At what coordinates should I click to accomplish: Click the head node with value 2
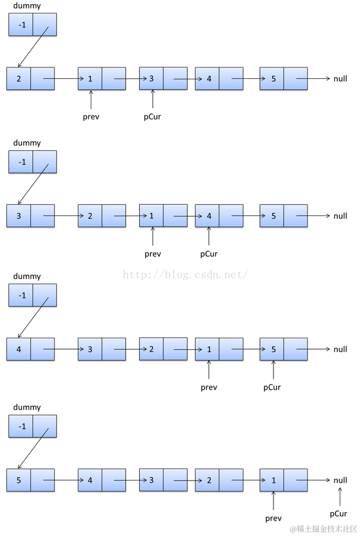(30, 79)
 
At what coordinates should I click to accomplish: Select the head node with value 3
(30, 215)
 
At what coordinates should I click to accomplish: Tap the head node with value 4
(30, 349)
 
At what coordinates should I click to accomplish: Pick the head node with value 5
(30, 480)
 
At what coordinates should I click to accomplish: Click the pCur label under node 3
(152, 116)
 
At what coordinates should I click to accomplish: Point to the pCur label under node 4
(209, 254)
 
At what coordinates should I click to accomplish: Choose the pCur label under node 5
(272, 387)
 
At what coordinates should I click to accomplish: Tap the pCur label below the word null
(338, 513)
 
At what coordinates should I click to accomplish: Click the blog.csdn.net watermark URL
(185, 275)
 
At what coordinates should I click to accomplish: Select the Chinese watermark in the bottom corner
(323, 529)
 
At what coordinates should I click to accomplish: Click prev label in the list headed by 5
(273, 518)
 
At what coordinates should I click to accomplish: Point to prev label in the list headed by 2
(91, 116)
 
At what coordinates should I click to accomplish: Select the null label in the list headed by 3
(340, 215)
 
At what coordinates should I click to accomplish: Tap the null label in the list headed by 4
(340, 349)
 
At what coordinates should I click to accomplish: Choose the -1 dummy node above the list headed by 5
(32, 426)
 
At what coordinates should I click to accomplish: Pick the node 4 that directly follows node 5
(101, 480)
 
